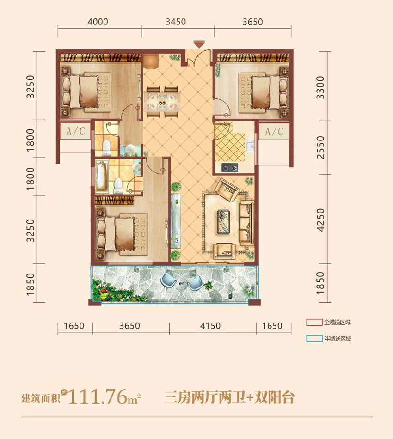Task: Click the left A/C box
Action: pos(75,131)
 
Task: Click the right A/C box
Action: pos(274,131)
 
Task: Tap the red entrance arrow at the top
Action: pos(199,44)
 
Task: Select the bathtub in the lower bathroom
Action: pos(101,177)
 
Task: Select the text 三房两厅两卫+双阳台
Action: pos(229,397)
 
